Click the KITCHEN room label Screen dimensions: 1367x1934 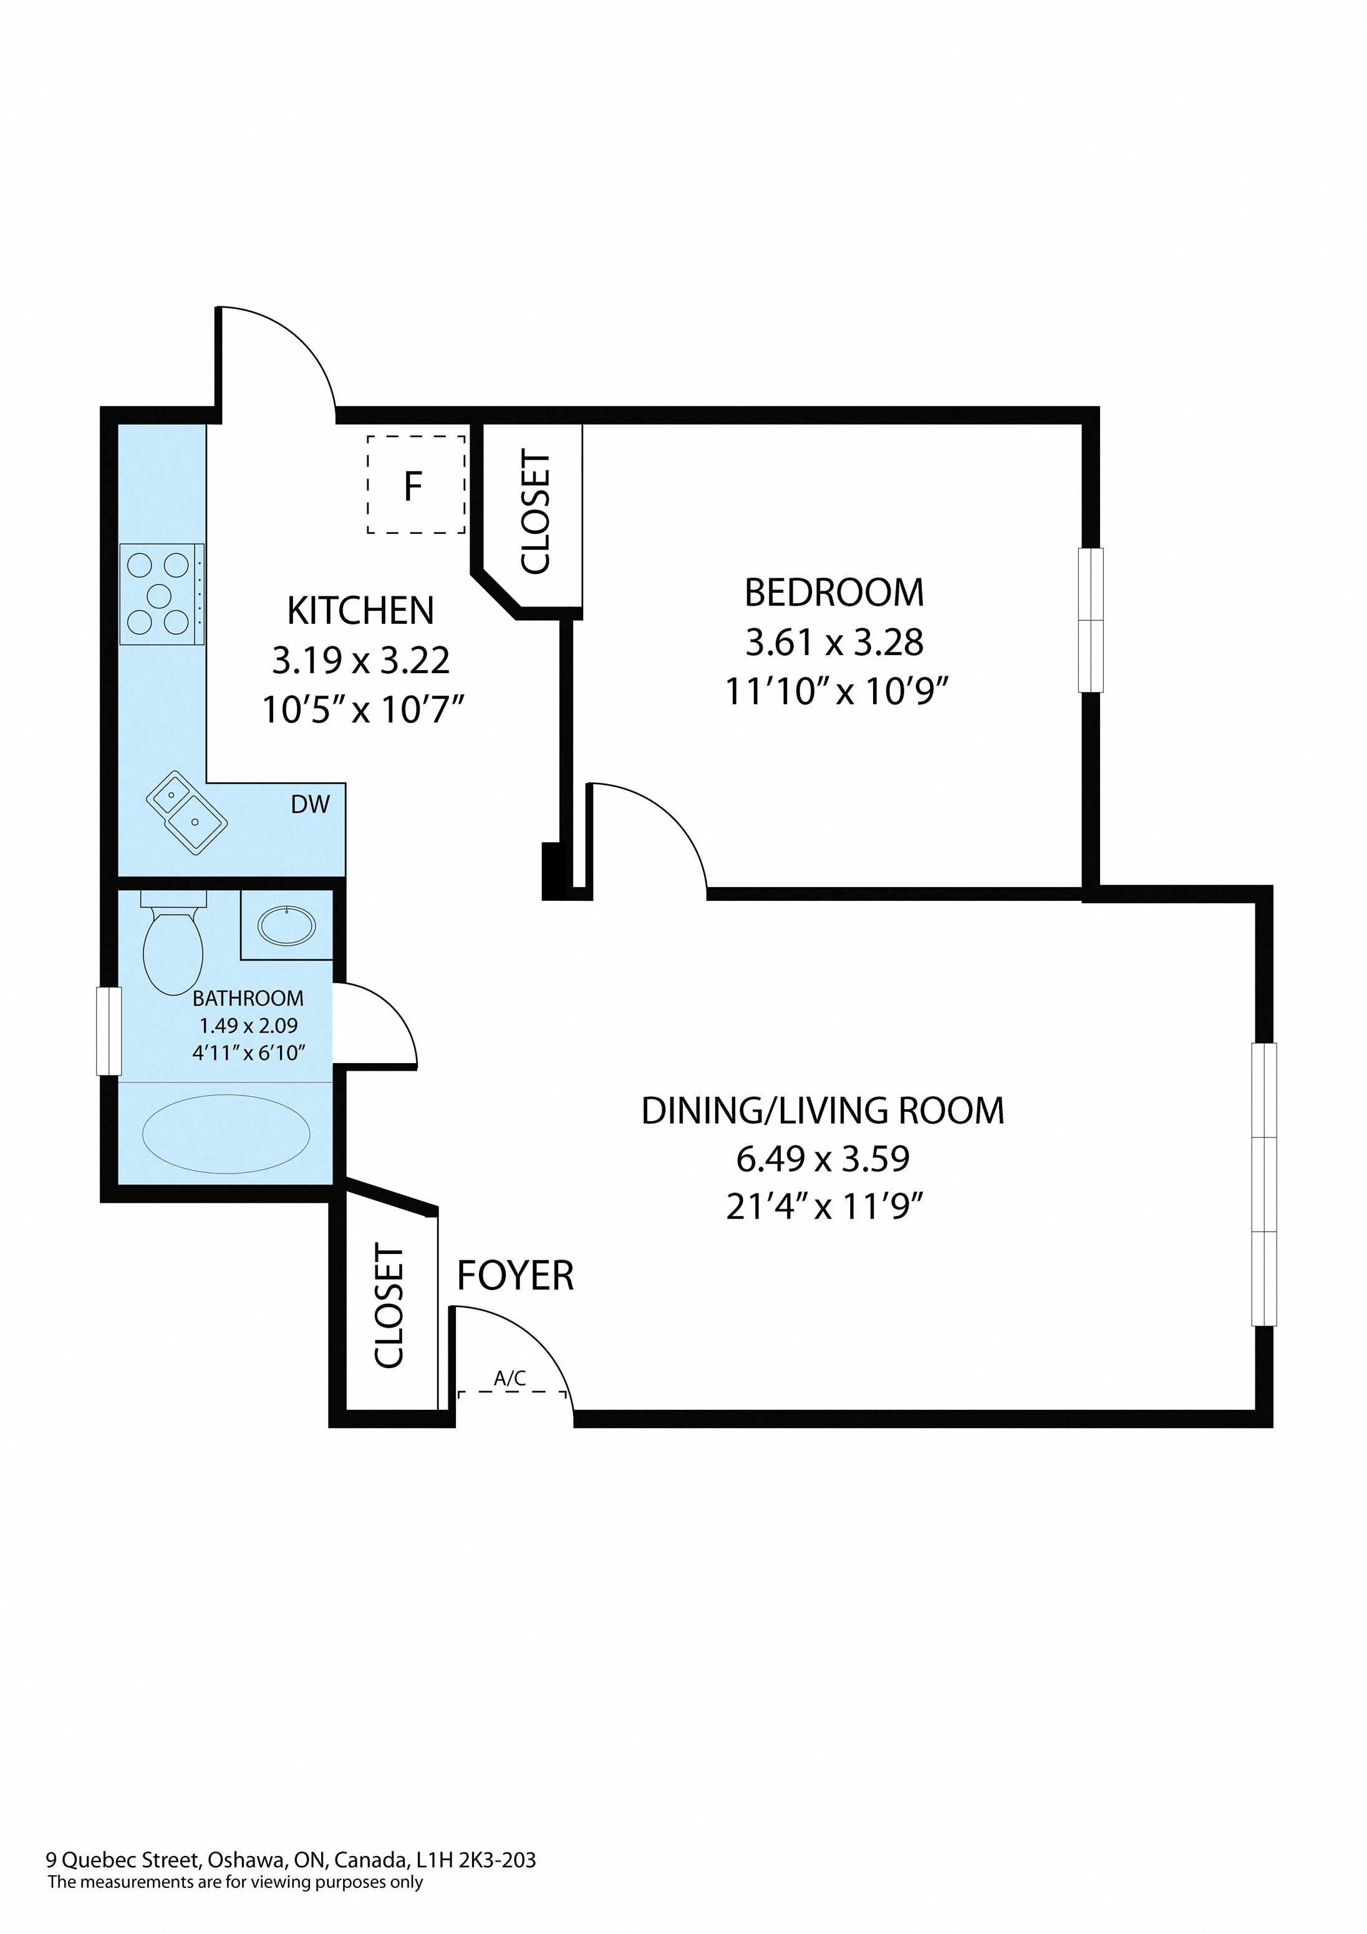[360, 611]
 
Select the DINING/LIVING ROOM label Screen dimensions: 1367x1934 [823, 1111]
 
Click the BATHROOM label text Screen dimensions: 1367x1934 [248, 998]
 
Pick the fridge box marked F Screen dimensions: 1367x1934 [416, 484]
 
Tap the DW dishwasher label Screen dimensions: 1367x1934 [310, 804]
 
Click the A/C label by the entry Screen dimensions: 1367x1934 [510, 1378]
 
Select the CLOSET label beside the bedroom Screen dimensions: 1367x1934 [536, 512]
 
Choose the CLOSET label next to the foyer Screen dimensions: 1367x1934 [390, 1306]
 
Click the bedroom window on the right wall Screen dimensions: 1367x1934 [1091, 620]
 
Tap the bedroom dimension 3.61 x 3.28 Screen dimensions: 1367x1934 [834, 643]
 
